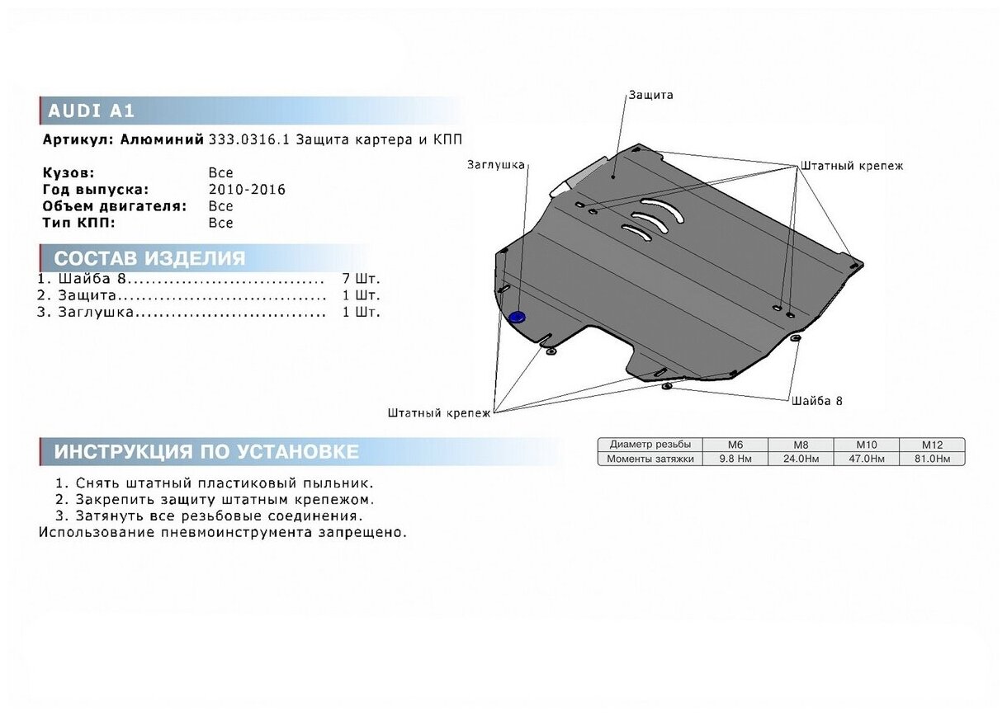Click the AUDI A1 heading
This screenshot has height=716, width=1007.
click(91, 111)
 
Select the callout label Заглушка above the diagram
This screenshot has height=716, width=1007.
click(495, 165)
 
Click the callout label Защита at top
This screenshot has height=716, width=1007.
click(650, 95)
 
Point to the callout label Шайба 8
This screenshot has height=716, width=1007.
click(817, 401)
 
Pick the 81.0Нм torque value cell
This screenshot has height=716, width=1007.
click(933, 459)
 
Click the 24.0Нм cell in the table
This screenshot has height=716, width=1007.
click(801, 459)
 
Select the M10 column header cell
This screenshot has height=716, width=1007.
click(867, 444)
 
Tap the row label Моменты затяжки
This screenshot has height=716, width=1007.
click(650, 459)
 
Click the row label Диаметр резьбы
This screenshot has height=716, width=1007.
click(650, 444)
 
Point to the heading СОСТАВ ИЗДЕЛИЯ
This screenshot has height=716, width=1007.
click(149, 258)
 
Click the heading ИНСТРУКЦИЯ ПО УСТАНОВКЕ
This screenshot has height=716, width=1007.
click(206, 452)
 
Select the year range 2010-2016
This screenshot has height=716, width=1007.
click(247, 190)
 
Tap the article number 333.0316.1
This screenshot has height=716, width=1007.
click(248, 139)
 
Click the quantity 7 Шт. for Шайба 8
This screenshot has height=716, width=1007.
click(361, 278)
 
